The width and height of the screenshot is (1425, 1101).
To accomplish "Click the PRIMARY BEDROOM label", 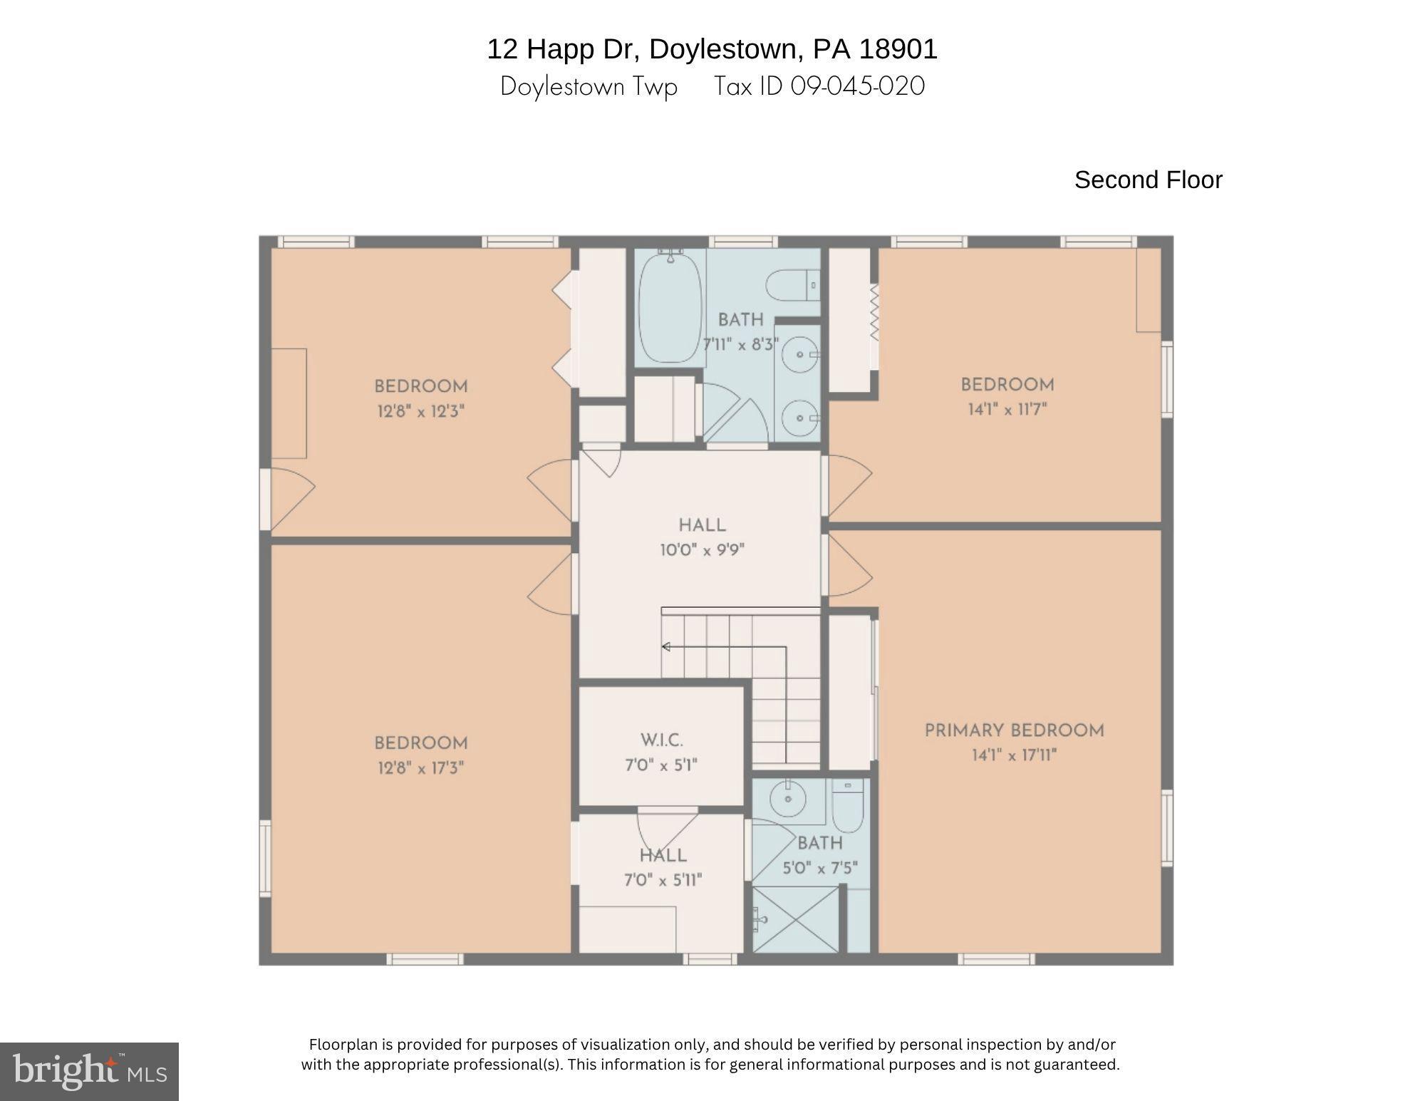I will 1014,730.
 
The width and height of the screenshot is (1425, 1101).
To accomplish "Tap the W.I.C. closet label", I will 661,740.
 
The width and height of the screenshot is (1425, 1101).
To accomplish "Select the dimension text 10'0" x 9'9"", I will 702,550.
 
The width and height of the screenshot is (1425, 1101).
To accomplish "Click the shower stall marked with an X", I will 796,919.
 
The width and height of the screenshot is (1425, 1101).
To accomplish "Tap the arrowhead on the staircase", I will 666,647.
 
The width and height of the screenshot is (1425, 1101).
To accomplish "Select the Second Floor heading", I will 1148,180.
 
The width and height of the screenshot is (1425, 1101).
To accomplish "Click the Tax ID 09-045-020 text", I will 819,86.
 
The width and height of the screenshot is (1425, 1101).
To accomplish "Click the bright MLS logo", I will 89,1071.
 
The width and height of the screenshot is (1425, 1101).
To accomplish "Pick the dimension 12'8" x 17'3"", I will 420,768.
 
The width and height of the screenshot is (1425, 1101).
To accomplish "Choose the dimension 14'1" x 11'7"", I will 1007,410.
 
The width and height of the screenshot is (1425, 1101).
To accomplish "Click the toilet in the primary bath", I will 847,809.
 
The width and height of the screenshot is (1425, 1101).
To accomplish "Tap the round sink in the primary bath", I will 788,799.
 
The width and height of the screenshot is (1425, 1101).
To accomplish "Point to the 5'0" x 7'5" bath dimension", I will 819,869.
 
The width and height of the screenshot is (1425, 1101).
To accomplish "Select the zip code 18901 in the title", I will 898,49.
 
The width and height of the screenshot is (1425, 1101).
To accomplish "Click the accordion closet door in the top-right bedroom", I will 874,312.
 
